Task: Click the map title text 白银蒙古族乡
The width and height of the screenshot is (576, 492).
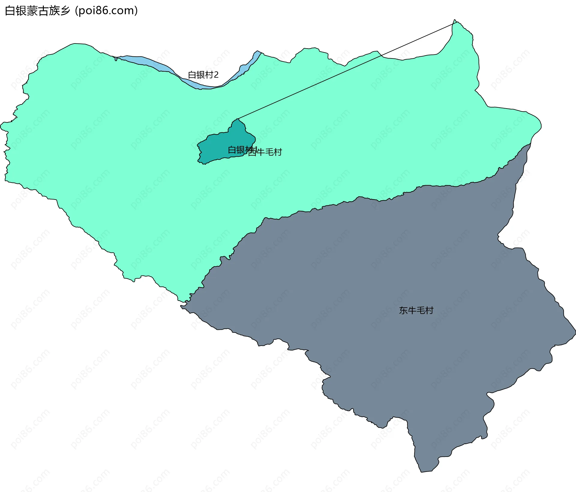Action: pyautogui.click(x=37, y=11)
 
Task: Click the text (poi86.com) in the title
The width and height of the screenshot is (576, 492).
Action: pyautogui.click(x=106, y=11)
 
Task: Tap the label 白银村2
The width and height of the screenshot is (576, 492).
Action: pyautogui.click(x=203, y=75)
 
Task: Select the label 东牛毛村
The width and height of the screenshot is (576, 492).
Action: pyautogui.click(x=416, y=310)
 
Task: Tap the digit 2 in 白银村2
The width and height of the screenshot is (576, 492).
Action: pyautogui.click(x=216, y=75)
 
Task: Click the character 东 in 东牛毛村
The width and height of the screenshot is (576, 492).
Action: pyautogui.click(x=403, y=310)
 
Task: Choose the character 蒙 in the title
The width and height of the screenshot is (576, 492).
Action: pyautogui.click(x=32, y=11)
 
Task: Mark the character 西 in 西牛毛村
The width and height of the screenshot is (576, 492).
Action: pyautogui.click(x=253, y=152)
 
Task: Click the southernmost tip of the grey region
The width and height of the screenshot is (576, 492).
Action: pyautogui.click(x=421, y=472)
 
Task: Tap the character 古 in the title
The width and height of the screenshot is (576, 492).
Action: pyautogui.click(x=43, y=11)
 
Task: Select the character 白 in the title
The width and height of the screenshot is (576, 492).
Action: pyautogui.click(x=10, y=11)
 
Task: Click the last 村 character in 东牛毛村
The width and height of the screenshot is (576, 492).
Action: pyautogui.click(x=429, y=310)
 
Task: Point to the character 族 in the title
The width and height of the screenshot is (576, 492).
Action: pyautogui.click(x=54, y=11)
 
